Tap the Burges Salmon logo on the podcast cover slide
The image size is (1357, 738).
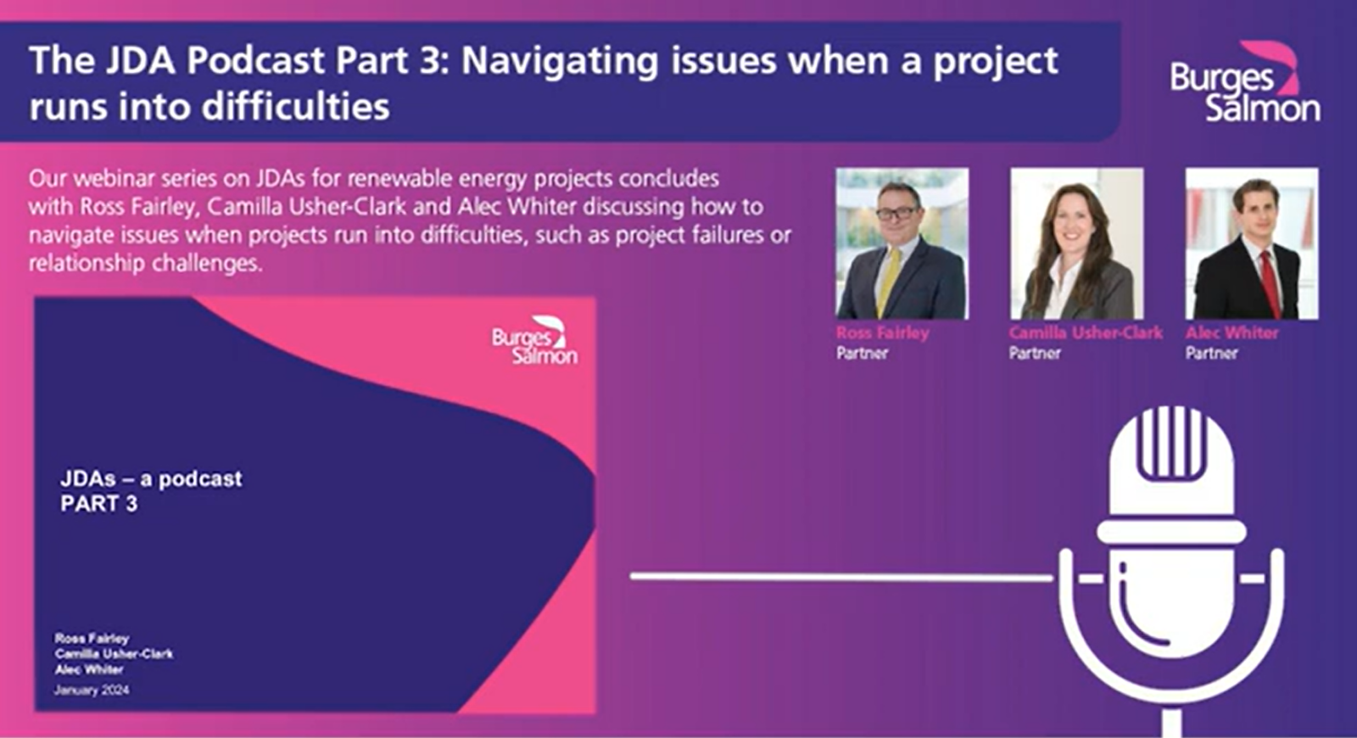point(534,340)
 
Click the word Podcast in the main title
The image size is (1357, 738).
point(255,61)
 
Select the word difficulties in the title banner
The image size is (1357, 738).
point(296,107)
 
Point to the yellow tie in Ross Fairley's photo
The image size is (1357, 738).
point(889,282)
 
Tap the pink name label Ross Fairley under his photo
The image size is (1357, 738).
point(882,333)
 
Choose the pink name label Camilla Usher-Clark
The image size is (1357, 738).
point(1086,333)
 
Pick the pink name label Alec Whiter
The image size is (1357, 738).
point(1231,333)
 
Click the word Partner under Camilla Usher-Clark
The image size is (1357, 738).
point(1035,353)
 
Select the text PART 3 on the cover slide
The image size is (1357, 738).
point(98,504)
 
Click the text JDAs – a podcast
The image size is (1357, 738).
point(151,478)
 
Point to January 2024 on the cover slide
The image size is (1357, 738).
point(92,690)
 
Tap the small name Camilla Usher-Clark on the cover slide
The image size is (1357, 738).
point(114,654)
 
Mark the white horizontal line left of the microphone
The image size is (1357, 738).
point(841,576)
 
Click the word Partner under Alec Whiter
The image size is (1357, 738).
point(1211,353)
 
